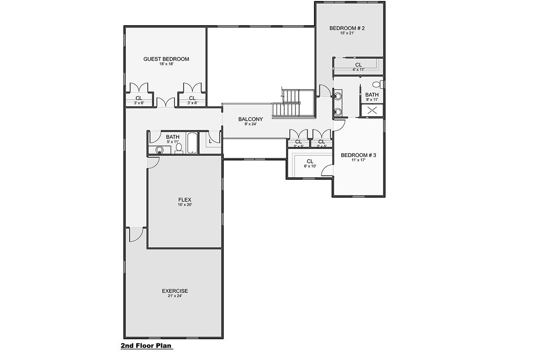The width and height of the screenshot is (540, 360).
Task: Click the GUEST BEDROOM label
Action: (x=166, y=59)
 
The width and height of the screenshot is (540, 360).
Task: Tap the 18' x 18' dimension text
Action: (x=166, y=65)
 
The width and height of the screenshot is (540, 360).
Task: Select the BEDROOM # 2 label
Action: (x=347, y=28)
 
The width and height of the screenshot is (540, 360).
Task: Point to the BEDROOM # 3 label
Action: (x=358, y=155)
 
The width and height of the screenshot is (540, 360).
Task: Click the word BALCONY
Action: (x=250, y=119)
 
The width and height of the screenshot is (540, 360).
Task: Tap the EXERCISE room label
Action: (x=175, y=291)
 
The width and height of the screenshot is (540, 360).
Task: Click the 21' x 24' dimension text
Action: (x=175, y=296)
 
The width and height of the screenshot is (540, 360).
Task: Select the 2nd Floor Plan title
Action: (x=146, y=346)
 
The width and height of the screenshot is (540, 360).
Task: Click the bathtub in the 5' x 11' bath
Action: (x=192, y=143)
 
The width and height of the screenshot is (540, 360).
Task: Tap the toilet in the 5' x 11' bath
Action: (x=179, y=149)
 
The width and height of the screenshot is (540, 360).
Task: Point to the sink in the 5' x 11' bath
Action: (x=159, y=150)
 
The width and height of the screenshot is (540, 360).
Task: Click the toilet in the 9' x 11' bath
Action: (x=381, y=84)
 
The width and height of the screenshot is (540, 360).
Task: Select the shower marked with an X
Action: (x=372, y=110)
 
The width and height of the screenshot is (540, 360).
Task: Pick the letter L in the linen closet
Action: (x=210, y=141)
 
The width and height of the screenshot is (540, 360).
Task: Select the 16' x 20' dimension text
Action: (x=185, y=205)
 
